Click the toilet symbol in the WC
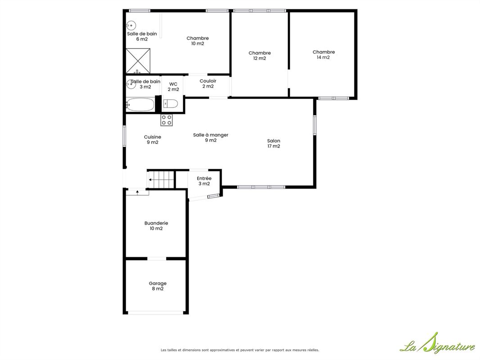(170, 103)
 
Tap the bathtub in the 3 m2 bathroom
(140, 104)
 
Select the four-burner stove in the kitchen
(167, 120)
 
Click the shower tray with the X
(138, 61)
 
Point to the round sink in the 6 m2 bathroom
(131, 25)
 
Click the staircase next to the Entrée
(161, 180)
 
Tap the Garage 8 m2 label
(158, 286)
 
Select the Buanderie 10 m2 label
(156, 226)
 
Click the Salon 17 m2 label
(274, 144)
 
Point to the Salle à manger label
(211, 135)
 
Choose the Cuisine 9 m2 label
(153, 139)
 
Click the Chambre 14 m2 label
(324, 54)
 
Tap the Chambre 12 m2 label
(260, 56)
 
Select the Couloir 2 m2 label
(208, 84)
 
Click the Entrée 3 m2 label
(204, 181)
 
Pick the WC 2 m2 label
(173, 86)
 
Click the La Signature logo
(438, 343)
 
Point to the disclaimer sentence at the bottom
(240, 350)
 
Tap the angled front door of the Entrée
(213, 196)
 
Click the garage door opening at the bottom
(155, 313)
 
